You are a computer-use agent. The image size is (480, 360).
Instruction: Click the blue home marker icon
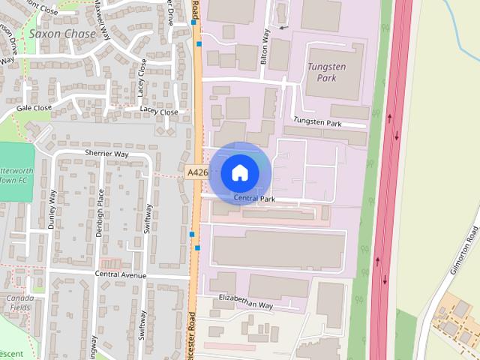click(239, 172)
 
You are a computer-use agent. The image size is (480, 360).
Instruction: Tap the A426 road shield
click(196, 172)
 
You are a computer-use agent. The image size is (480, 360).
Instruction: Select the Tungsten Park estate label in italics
click(327, 72)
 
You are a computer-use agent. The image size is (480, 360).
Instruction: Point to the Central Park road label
click(254, 199)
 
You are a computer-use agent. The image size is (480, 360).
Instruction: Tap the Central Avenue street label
click(120, 274)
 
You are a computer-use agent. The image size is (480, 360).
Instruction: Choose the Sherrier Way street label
click(106, 154)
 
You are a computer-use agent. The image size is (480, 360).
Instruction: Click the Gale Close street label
click(34, 108)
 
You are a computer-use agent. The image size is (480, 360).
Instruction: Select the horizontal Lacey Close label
click(159, 112)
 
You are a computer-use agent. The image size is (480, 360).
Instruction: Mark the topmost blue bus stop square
click(193, 22)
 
